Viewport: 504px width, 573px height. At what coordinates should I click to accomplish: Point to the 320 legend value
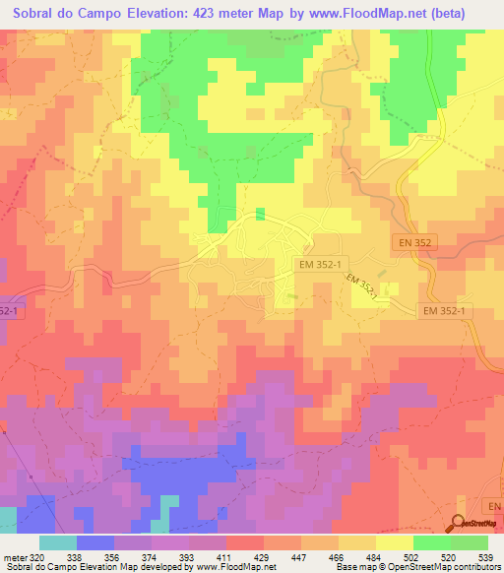pyautogui.click(x=34, y=556)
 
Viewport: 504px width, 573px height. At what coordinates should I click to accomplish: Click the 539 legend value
pyautogui.click(x=486, y=556)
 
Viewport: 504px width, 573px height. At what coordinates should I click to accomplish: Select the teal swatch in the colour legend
pyautogui.click(x=58, y=542)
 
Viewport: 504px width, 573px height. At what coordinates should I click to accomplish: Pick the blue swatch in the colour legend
pyautogui.click(x=95, y=542)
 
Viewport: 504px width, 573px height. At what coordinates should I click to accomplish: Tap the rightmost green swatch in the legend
pyautogui.click(x=470, y=542)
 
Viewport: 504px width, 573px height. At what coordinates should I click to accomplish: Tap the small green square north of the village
pyautogui.click(x=260, y=214)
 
